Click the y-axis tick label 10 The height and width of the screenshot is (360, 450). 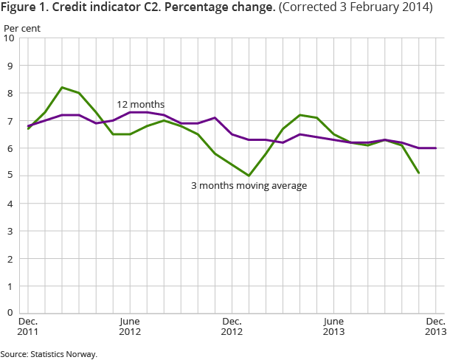10,38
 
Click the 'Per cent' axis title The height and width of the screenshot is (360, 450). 23,28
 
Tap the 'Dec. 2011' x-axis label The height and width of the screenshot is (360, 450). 28,327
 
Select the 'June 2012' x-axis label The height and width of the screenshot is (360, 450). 130,327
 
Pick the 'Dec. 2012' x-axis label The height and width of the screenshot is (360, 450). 232,327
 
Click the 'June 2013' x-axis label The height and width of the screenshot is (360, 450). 333,327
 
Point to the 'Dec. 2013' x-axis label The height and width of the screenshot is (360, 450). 435,327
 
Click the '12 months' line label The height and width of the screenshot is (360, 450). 141,105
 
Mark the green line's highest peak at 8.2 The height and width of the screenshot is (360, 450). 62,87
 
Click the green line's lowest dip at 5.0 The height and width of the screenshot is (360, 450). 249,176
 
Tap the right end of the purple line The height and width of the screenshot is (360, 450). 436,148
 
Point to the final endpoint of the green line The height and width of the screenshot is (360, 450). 419,173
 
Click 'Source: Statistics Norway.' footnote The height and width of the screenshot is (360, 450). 49,354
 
